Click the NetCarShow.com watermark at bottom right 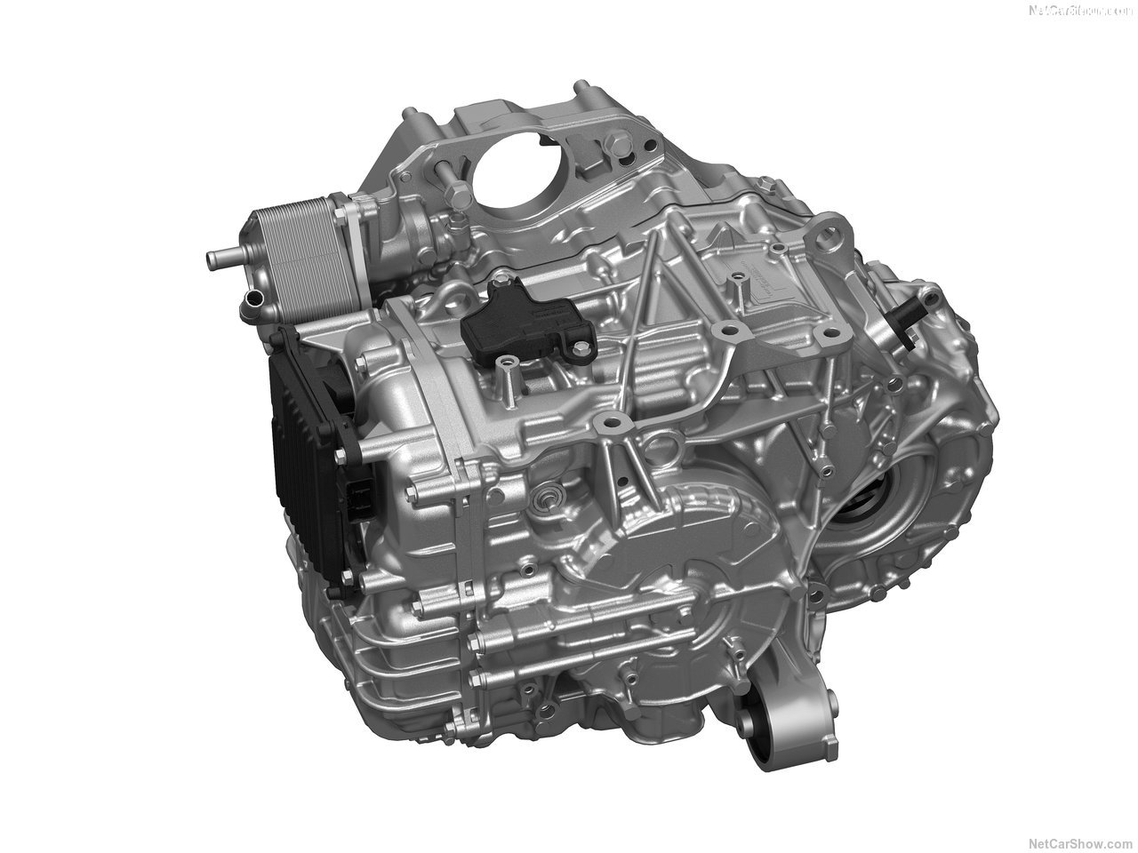[x=1078, y=842]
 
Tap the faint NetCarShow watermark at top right [x=1078, y=11]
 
